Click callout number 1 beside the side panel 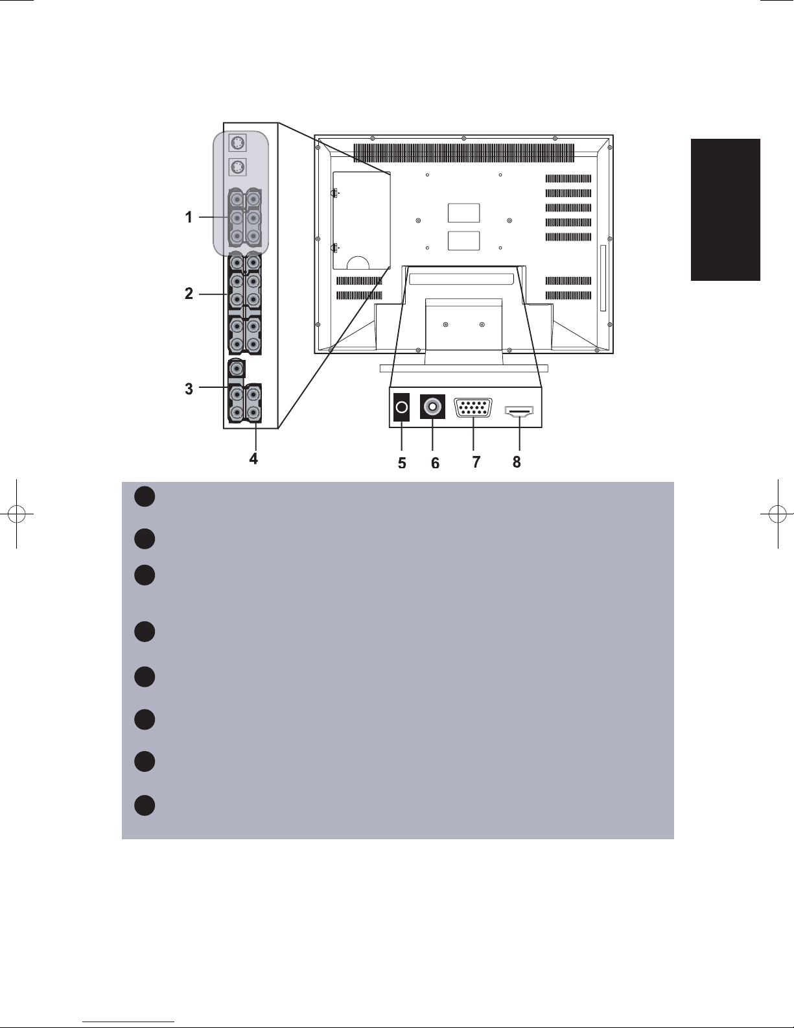(x=189, y=218)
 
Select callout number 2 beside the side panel (x=189, y=294)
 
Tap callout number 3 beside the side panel (x=189, y=389)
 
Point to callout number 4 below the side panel (x=254, y=459)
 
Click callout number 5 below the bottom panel (x=402, y=463)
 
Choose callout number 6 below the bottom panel (x=436, y=463)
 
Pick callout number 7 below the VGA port (x=476, y=462)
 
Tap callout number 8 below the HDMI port (x=517, y=462)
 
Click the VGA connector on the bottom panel (x=473, y=408)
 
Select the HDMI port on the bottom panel (x=519, y=411)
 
